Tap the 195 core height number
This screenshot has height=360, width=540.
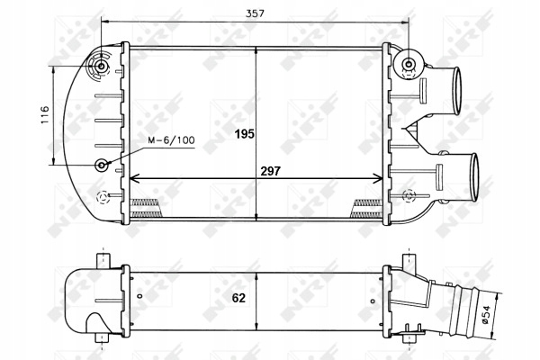click(x=244, y=134)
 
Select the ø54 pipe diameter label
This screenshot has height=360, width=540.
click(x=510, y=314)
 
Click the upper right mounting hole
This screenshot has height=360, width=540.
click(x=409, y=64)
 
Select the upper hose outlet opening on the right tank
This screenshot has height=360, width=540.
click(x=455, y=86)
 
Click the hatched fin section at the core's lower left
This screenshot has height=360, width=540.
click(x=147, y=204)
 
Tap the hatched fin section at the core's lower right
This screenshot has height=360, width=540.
click(x=368, y=204)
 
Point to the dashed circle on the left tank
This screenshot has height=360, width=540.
click(x=105, y=195)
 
